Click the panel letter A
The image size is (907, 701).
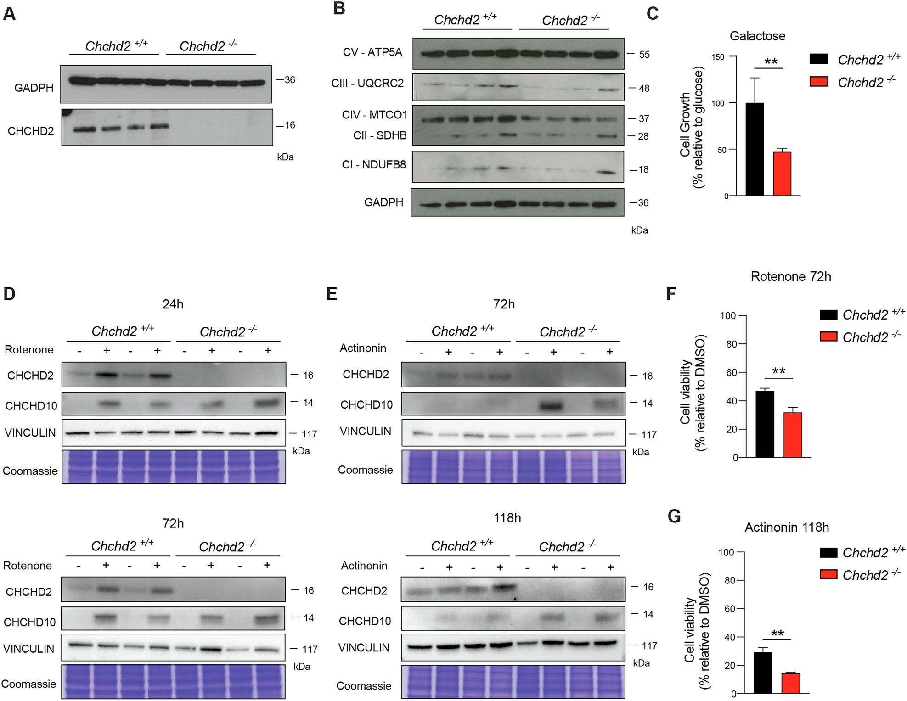(9, 14)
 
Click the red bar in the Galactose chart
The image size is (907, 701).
(782, 174)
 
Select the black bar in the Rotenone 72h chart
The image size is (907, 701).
(765, 424)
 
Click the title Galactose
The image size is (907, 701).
(757, 36)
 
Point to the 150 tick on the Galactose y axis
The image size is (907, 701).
(718, 57)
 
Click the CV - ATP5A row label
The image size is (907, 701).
(372, 52)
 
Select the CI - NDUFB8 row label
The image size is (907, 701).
(374, 165)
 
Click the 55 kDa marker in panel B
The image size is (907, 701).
(644, 55)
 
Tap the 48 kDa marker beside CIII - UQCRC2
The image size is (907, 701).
(644, 88)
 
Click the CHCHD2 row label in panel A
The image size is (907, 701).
(30, 131)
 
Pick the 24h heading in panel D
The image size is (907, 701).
(173, 304)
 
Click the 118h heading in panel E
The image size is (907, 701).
(507, 518)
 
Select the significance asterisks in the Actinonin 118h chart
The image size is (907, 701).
(777, 634)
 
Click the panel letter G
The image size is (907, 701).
(674, 516)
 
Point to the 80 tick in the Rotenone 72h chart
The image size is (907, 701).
(731, 344)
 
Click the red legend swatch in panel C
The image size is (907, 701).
(818, 82)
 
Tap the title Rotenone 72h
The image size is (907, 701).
(791, 276)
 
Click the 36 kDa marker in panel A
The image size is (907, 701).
(289, 80)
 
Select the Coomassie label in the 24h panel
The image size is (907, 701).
(30, 471)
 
